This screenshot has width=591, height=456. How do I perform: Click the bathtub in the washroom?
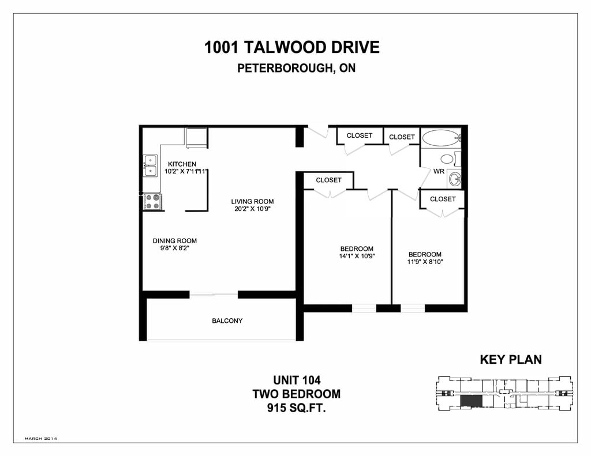440,138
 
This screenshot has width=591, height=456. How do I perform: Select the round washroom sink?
455,179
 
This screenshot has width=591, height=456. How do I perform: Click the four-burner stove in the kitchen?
152,201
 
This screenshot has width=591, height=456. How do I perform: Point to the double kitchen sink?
150,165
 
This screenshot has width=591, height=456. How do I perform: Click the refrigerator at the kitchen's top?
196,138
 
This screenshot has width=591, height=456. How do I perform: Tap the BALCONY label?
227,321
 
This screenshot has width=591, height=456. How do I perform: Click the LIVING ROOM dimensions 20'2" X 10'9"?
253,209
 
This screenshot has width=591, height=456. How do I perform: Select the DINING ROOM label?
174,240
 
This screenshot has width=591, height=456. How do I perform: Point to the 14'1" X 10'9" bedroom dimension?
357,257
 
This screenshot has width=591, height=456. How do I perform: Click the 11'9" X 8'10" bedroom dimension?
425,262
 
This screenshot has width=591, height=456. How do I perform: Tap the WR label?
439,171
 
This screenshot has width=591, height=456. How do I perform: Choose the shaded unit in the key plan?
471,401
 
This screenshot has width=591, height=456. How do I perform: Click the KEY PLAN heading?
511,360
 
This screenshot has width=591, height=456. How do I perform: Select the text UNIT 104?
297,380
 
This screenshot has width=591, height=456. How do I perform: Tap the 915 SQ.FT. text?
296,408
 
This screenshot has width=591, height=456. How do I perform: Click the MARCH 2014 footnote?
41,439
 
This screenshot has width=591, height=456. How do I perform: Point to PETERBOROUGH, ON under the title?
296,68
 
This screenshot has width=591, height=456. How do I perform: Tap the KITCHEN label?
182,164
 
